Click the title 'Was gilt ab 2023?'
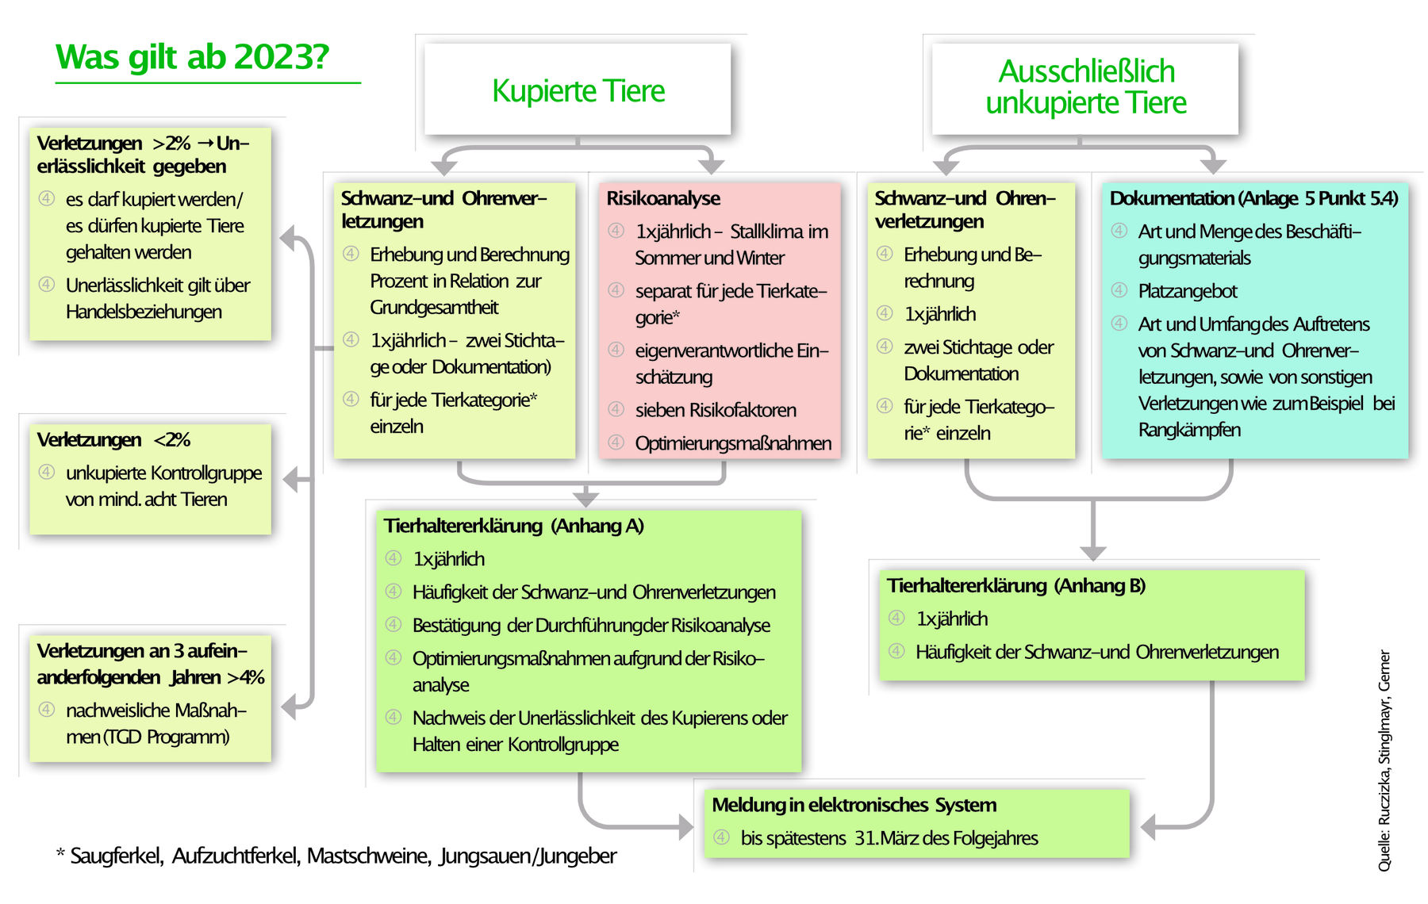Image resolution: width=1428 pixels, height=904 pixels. (192, 57)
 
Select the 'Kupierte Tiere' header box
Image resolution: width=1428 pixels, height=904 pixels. (578, 90)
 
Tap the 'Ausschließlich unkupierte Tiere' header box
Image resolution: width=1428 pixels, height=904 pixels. (1085, 87)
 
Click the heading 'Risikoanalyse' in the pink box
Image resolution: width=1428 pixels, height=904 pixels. (663, 198)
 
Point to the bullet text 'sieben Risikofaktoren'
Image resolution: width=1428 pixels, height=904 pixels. (716, 410)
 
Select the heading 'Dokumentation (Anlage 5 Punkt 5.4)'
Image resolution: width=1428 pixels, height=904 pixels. (1253, 198)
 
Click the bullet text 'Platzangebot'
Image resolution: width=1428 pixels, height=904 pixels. (1188, 291)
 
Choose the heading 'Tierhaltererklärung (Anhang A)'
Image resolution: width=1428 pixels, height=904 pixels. (513, 526)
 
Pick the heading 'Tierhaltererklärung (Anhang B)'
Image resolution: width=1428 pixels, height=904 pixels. (1015, 586)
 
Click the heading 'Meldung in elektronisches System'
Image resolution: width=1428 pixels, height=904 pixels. (854, 805)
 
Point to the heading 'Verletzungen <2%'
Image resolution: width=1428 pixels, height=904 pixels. (113, 440)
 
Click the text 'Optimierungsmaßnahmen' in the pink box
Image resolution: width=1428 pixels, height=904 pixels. (733, 443)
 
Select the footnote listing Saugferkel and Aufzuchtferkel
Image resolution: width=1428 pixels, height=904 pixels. (336, 856)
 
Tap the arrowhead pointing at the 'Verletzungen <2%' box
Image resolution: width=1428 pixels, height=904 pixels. (291, 479)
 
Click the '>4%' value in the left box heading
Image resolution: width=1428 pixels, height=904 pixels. (246, 677)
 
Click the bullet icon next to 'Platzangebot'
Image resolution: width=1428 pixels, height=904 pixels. (1119, 290)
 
